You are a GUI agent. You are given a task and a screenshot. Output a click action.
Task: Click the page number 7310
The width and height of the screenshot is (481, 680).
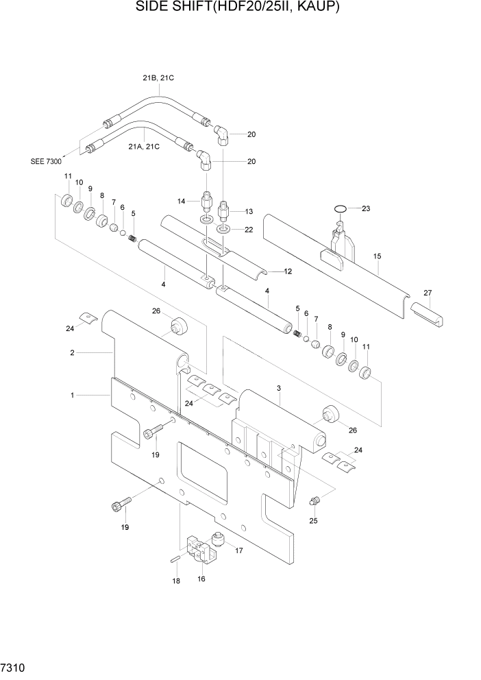pyautogui.click(x=14, y=666)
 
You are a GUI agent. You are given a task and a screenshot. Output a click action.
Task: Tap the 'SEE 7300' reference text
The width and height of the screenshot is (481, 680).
pyautogui.click(x=47, y=162)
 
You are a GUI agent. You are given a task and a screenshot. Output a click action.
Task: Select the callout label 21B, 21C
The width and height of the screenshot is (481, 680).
pyautogui.click(x=158, y=78)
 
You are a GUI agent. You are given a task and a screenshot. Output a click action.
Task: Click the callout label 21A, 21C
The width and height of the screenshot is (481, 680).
pyautogui.click(x=144, y=146)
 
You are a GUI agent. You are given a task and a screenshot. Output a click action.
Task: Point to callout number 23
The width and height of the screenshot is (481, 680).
pyautogui.click(x=365, y=208)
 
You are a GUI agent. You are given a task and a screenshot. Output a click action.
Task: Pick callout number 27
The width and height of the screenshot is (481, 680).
pyautogui.click(x=428, y=293)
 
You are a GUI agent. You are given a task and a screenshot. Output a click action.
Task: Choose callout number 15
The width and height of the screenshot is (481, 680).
pyautogui.click(x=377, y=257)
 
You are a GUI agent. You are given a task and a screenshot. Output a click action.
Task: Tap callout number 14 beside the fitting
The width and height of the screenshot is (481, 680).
pyautogui.click(x=182, y=200)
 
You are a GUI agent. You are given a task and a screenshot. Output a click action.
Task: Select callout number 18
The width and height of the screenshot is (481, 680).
pyautogui.click(x=175, y=581)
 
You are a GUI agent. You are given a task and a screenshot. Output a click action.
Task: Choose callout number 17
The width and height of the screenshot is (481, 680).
pyautogui.click(x=239, y=550)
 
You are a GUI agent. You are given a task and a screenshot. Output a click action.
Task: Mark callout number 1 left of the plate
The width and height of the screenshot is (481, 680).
pyautogui.click(x=73, y=396)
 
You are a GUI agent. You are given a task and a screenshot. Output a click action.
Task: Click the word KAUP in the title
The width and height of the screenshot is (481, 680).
pyautogui.click(x=316, y=8)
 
